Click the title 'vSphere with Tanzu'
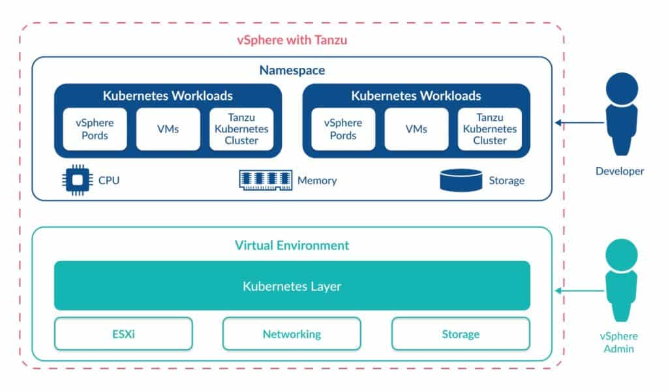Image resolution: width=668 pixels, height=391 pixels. pos(292,40)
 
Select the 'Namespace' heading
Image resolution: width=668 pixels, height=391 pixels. pos(292,70)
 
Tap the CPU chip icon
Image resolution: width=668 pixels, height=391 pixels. pos(77,180)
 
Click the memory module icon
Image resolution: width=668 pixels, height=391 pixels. pos(266,180)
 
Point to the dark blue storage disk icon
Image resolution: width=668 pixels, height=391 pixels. pos(461,180)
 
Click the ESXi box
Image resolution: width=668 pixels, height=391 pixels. pos(123,334)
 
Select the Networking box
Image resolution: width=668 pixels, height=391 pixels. pos(292,334)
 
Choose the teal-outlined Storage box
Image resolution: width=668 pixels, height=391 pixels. pos(461,334)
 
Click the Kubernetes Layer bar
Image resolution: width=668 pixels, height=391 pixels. pos(292,286)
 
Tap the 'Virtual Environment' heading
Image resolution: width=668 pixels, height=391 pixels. pos(292,245)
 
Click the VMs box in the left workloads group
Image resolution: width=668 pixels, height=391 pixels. pos(168,129)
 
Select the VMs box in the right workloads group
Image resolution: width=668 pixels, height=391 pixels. pos(416,129)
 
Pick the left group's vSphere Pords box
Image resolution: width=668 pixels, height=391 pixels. pos(95,129)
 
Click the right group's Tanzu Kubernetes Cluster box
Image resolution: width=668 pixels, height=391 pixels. pos(489,129)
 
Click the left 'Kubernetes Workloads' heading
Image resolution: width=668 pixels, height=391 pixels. pos(168,96)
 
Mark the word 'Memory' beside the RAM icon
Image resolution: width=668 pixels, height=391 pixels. pos(317,181)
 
